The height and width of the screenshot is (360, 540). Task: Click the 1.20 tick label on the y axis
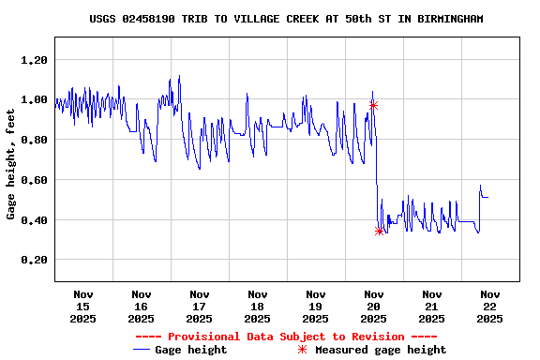[33, 60]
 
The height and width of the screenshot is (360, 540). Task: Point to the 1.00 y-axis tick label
[33, 99]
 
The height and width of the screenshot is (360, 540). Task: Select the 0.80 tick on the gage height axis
[33, 140]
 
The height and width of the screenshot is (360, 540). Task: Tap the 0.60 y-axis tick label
[33, 180]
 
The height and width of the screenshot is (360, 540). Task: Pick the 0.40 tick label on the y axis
[33, 220]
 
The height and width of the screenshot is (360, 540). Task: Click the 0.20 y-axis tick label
[33, 260]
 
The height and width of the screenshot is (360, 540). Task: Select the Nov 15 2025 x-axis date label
[82, 307]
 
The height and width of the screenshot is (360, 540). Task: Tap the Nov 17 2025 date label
[199, 307]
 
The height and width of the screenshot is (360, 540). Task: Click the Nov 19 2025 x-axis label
[315, 307]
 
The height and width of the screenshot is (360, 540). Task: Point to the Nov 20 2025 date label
[373, 307]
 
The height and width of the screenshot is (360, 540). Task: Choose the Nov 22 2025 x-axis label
[489, 307]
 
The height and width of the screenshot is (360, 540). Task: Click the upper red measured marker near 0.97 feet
[373, 105]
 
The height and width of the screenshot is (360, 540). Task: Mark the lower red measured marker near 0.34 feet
[380, 231]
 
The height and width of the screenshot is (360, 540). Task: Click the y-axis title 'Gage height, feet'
[11, 175]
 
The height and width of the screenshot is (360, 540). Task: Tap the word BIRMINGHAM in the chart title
[449, 19]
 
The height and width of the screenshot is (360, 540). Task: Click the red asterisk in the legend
[302, 350]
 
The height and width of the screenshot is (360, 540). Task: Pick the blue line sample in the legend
[142, 350]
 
